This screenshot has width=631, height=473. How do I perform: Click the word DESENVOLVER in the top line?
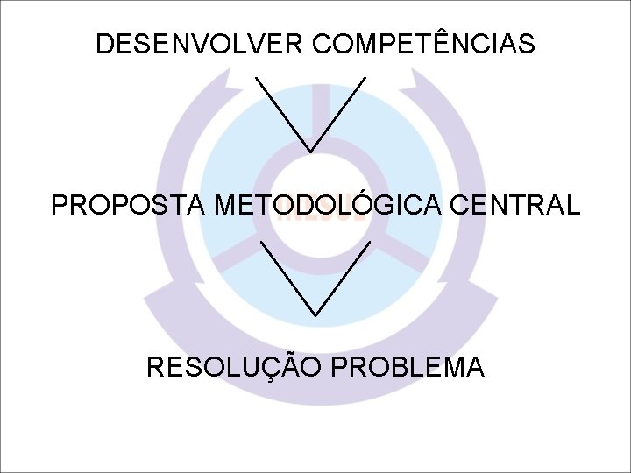pos(198,44)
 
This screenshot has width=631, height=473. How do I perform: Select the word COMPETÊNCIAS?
pos(423,44)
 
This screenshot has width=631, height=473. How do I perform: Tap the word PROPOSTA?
pos(128,206)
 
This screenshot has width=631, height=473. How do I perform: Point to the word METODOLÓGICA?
pos(329,206)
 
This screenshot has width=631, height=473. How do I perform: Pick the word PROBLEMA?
pos(408,367)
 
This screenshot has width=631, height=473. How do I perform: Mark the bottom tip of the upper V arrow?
pos(310,152)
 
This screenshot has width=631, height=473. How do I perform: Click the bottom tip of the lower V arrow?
pos(315,314)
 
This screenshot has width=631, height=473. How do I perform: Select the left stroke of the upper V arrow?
pos(282,114)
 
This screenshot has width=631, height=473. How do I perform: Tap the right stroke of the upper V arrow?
pos(338,114)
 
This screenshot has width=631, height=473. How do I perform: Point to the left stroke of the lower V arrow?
pos(287,276)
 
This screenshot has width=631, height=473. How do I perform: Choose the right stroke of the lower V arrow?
pos(343,276)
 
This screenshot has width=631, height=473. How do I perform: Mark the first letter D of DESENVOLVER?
pos(105,44)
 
